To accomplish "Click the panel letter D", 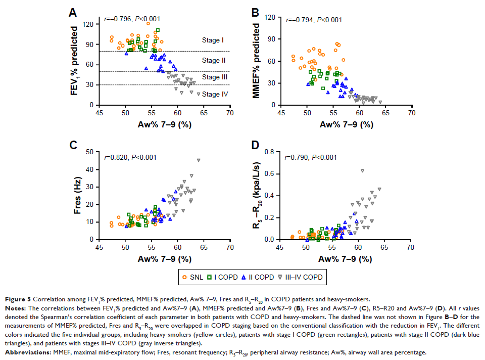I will pyautogui.click(x=255, y=146).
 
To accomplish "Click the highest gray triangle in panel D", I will pyautogui.click(x=362, y=170).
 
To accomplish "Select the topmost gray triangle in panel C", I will pyautogui.click(x=199, y=160).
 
